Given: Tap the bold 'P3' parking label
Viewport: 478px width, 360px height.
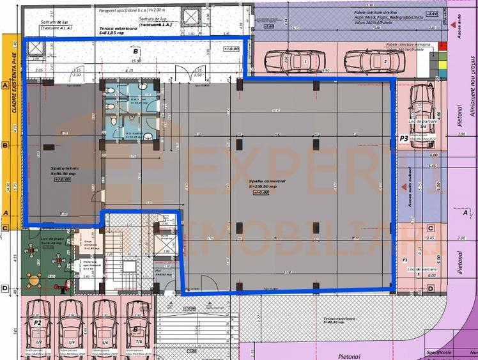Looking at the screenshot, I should click(x=404, y=138).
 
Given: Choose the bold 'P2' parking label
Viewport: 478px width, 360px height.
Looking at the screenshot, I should click(x=38, y=323).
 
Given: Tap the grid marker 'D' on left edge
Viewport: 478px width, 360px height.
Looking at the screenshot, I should click(x=4, y=288).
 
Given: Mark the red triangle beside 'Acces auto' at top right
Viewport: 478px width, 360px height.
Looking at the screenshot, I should click(x=452, y=24).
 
